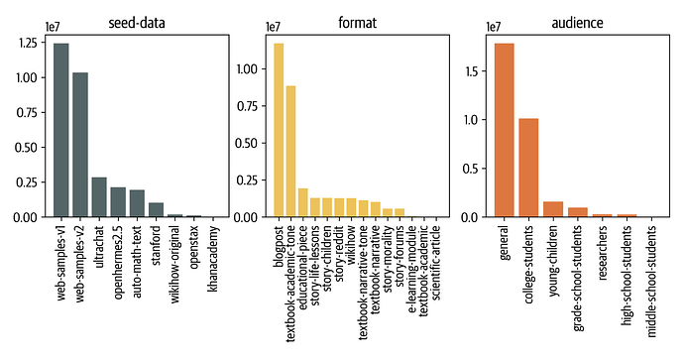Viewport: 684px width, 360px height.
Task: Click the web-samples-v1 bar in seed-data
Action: click(61, 130)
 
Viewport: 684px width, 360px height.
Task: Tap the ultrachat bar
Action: click(99, 197)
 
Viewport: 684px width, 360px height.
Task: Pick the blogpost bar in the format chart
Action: click(279, 130)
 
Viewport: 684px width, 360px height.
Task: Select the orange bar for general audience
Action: click(504, 130)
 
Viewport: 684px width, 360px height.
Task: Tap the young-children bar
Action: click(553, 209)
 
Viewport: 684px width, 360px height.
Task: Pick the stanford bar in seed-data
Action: click(156, 210)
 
